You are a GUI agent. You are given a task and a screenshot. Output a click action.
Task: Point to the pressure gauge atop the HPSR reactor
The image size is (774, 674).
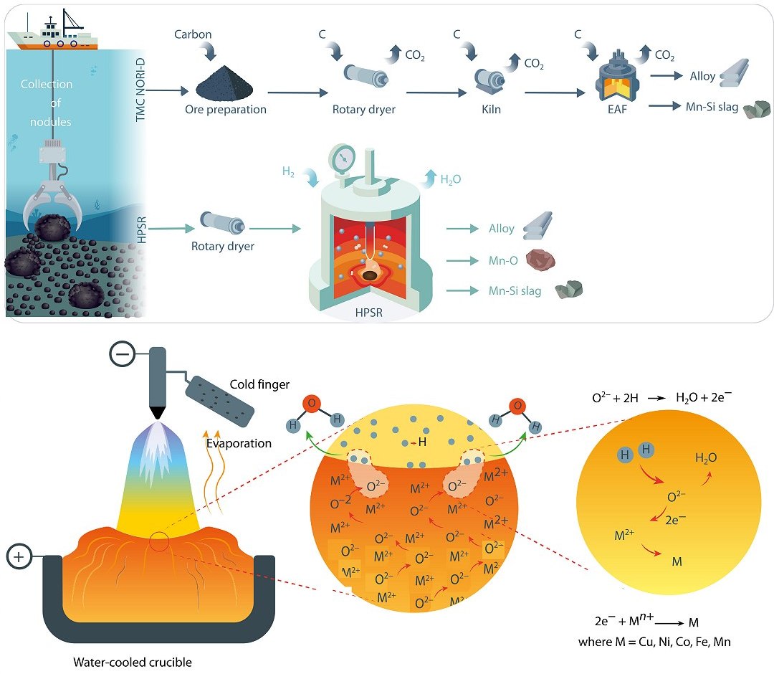tap(343, 158)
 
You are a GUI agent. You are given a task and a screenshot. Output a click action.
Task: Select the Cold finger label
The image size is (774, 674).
tap(259, 385)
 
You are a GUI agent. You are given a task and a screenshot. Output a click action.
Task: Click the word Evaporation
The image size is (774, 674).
tap(239, 443)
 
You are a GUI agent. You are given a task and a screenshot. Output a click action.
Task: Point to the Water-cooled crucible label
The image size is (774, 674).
tap(133, 662)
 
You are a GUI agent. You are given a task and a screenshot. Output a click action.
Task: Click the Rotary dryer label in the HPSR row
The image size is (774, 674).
tap(223, 247)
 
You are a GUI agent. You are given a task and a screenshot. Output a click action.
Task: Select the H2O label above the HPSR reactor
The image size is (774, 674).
tap(451, 179)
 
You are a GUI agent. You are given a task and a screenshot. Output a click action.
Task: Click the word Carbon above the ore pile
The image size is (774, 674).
tap(193, 34)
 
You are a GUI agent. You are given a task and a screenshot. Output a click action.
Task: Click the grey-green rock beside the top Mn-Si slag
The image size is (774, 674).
tap(757, 109)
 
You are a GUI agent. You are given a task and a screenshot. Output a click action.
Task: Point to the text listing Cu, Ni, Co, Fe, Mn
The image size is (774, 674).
tap(654, 642)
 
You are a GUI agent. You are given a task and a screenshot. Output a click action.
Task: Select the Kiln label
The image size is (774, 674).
tap(491, 110)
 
